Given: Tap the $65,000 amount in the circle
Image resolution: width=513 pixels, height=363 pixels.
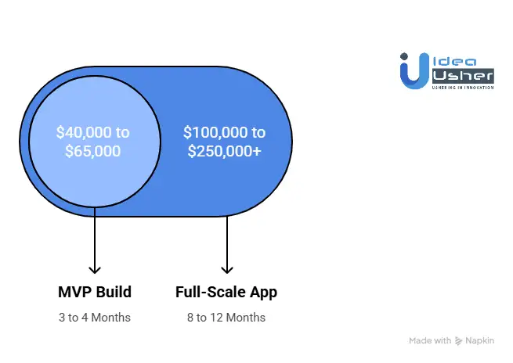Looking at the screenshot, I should point(94,151).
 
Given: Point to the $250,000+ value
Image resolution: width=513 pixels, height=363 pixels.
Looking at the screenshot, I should point(225,151).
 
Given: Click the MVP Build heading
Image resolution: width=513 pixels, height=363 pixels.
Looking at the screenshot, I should point(95,293).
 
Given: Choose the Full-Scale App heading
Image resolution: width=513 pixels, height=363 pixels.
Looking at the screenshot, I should point(226,293).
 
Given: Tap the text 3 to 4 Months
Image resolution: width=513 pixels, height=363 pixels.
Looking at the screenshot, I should point(95,318).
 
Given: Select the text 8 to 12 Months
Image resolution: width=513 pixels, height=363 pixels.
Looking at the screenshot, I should point(226,318).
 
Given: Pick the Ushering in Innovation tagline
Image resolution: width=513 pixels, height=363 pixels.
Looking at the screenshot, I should point(462,87).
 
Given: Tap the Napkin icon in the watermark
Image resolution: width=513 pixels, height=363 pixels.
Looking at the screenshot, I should point(459,341).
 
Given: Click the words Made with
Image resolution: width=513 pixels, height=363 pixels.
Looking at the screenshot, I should point(430,341).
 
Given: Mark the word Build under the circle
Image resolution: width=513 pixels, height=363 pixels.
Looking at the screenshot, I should point(114,293).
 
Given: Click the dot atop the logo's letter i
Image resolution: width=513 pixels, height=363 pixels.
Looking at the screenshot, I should point(405,57).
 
